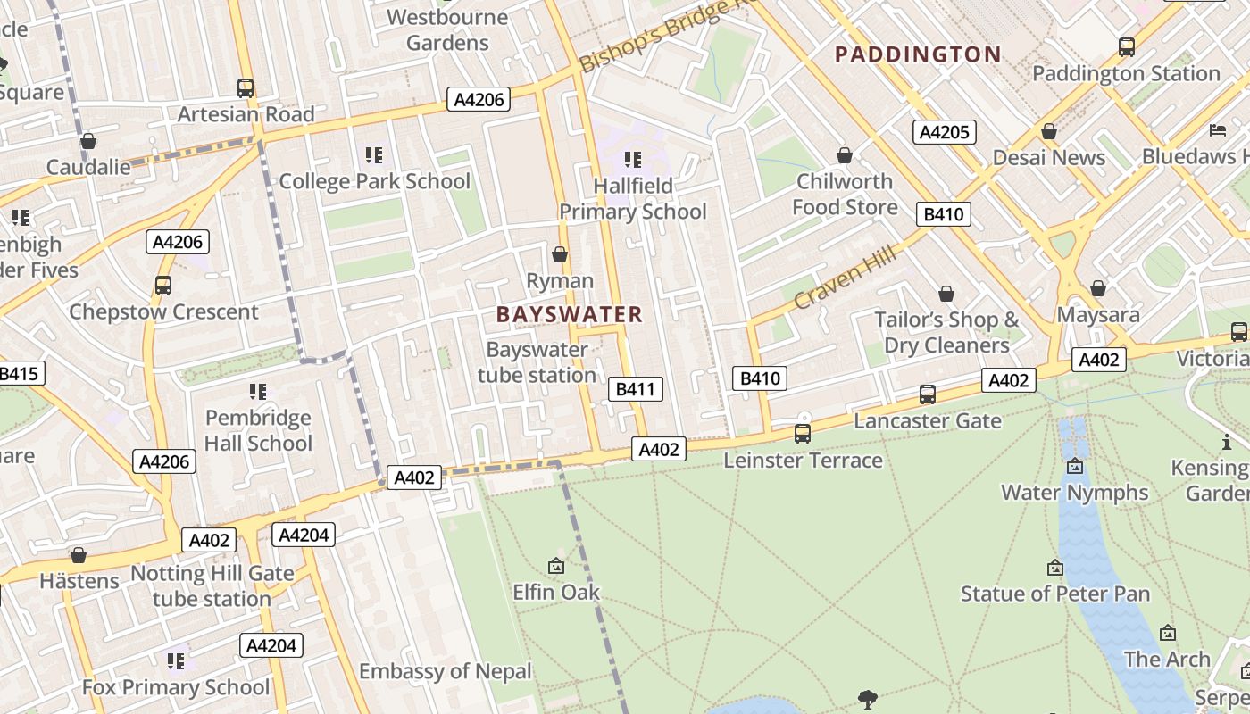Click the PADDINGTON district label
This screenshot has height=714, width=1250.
point(918,54)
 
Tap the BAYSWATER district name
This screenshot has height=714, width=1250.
point(569,314)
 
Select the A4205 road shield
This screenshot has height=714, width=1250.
point(945,132)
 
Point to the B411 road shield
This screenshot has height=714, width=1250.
point(635,388)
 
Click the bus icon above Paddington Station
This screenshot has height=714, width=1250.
point(1127,47)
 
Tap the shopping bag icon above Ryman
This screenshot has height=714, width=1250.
point(560,255)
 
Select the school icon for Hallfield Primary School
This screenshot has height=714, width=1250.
point(633,160)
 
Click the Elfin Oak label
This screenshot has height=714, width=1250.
point(556,592)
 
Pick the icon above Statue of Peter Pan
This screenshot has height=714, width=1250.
point(1055,568)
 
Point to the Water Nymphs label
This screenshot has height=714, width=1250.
point(1074,492)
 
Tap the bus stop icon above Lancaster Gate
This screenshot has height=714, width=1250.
point(928,394)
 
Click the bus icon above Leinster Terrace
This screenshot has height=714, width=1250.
point(803,434)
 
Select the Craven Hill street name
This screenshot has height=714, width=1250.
point(844,279)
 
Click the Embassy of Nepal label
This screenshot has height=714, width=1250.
point(445,670)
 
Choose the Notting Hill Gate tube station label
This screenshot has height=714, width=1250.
point(212,585)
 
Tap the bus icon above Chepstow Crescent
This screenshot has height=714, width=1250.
point(163,286)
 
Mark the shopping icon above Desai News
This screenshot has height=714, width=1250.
point(1049,132)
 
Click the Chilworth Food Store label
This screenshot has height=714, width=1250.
point(845,194)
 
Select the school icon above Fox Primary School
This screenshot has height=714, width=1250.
point(176,661)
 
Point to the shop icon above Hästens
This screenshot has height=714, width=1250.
point(79,555)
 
